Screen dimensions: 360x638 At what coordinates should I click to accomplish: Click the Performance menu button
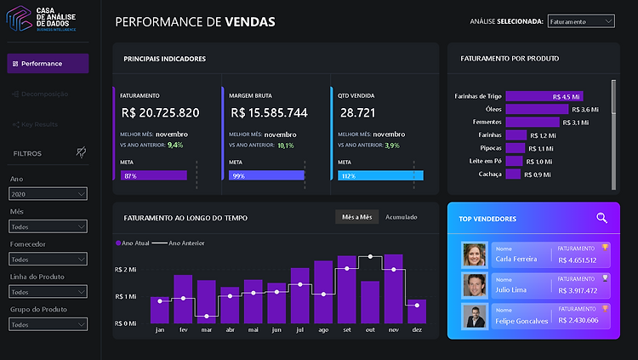[x=48, y=64]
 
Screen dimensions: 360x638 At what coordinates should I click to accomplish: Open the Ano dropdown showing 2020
[x=48, y=194]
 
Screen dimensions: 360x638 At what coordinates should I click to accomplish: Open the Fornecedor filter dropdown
[x=48, y=259]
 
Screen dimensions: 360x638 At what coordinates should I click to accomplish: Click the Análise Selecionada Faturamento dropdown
[x=581, y=21]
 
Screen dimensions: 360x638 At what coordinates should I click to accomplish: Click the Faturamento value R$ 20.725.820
[x=160, y=112]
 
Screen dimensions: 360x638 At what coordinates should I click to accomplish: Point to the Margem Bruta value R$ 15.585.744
[x=268, y=112]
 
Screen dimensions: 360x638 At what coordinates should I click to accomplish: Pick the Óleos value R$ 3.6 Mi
[x=586, y=109]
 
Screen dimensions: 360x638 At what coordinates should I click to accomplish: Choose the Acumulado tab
[x=402, y=217]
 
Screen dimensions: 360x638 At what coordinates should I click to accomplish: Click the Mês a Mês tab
[x=356, y=217]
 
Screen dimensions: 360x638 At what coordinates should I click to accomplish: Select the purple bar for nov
[x=393, y=289]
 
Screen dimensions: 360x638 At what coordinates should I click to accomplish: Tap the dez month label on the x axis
[x=416, y=329]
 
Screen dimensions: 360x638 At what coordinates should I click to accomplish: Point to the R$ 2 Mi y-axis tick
[x=125, y=270]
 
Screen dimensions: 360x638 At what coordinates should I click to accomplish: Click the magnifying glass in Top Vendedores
[x=601, y=219]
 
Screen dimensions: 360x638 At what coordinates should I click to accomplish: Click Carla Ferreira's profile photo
[x=474, y=254]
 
